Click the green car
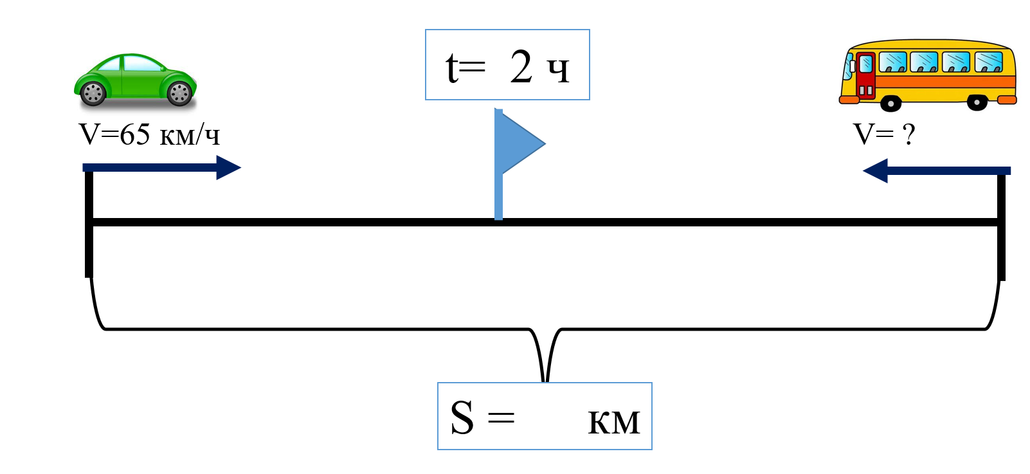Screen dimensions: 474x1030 tap(136, 80)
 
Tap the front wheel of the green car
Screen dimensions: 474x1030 tap(179, 94)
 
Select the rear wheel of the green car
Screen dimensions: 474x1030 tap(93, 94)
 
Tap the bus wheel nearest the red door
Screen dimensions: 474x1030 tap(890, 102)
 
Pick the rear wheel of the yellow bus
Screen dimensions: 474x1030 tap(977, 102)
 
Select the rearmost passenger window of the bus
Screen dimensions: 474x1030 tap(989, 62)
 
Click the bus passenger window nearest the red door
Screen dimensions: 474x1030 tap(892, 62)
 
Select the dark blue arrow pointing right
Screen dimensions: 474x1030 tap(161, 168)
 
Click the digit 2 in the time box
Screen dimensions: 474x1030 tap(521, 67)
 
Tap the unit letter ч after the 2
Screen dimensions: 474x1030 tap(558, 70)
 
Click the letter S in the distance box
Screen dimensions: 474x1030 tap(462, 418)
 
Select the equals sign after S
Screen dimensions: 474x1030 tap(501, 419)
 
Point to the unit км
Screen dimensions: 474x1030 tap(614, 422)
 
